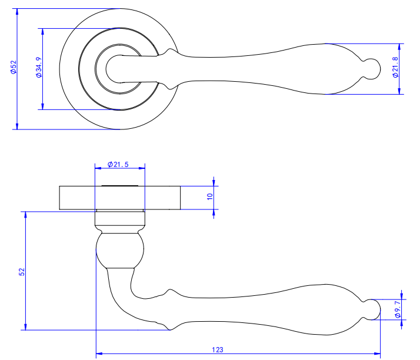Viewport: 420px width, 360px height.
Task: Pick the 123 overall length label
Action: [x=218, y=349]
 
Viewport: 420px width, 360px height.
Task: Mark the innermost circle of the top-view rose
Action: [x=116, y=68]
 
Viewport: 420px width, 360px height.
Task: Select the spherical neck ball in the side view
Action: [x=120, y=251]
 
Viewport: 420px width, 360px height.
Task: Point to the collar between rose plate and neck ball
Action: [x=119, y=221]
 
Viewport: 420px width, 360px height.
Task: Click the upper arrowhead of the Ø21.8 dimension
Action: [x=401, y=46]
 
